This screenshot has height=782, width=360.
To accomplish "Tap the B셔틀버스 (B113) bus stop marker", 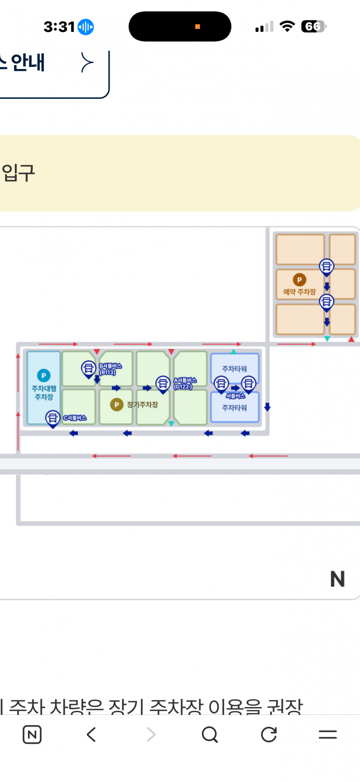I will [x=88, y=369].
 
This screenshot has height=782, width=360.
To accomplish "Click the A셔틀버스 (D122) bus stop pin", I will [x=163, y=384].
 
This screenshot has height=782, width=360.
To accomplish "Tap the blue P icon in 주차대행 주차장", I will [x=44, y=375].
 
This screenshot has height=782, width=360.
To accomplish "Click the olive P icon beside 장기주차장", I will [x=116, y=404].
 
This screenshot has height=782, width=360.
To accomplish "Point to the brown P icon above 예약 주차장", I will [x=299, y=280].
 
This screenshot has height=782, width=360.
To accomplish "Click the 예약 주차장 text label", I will [x=299, y=292].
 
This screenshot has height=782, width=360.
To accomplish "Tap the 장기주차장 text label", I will [x=142, y=404].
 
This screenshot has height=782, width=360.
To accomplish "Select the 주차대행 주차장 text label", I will [x=44, y=393].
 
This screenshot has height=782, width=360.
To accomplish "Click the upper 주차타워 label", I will [x=234, y=369].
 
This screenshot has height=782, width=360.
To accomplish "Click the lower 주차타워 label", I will [x=234, y=407].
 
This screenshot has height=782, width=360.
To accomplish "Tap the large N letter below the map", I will [x=337, y=579].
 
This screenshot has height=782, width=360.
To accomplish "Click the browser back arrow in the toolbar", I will [x=91, y=734].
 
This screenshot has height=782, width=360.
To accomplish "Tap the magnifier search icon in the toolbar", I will [x=210, y=734].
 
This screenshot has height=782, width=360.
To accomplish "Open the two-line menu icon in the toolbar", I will [x=328, y=734].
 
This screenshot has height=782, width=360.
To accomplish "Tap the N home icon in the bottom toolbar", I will [x=32, y=734].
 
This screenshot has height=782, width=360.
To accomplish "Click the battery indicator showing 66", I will [x=313, y=27].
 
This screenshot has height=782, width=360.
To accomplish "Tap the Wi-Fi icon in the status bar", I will [x=287, y=26].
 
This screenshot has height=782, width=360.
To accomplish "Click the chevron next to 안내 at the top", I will [x=87, y=63].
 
